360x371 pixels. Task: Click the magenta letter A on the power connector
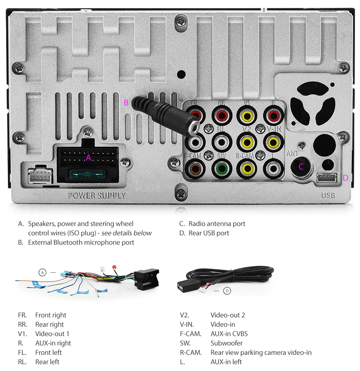88,157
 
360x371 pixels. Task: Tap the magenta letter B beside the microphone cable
126,103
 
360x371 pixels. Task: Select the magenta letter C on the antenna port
301,166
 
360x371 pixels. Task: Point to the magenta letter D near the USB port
345,178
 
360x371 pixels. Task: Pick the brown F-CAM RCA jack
195,168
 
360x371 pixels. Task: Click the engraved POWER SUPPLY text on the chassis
97,195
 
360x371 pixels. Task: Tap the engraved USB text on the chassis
328,195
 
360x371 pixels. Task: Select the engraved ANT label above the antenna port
293,154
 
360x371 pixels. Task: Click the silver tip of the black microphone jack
195,126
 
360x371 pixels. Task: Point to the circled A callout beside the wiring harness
42,272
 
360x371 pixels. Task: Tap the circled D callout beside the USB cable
227,290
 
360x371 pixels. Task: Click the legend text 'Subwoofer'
226,343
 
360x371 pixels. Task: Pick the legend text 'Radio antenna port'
217,223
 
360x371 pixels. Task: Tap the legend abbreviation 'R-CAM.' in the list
191,352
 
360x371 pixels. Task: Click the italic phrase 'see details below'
126,233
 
